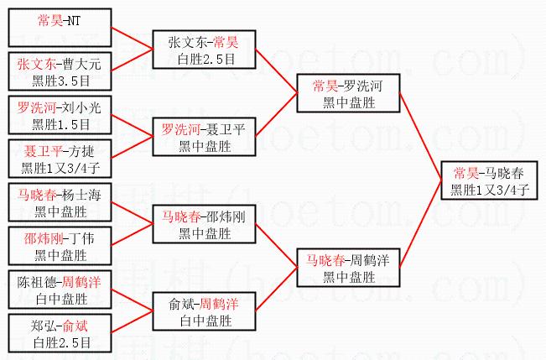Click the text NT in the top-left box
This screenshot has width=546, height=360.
click(74, 21)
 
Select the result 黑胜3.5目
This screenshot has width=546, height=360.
click(60, 81)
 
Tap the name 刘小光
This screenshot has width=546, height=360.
click(82, 108)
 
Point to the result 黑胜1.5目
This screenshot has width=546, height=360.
click(60, 125)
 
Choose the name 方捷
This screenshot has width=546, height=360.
click(81, 152)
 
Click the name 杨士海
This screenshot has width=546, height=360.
click(82, 196)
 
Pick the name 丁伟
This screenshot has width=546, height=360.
click(81, 238)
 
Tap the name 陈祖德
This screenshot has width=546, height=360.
click(36, 282)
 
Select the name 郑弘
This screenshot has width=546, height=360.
click(43, 326)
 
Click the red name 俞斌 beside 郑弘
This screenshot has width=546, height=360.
click(75, 326)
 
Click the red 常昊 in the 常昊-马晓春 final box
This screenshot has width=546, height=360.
click(466, 173)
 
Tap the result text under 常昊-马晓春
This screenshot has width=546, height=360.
click(490, 190)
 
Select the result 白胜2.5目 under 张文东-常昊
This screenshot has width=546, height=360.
click(206, 60)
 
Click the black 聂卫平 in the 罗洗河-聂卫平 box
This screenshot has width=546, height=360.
click(226, 129)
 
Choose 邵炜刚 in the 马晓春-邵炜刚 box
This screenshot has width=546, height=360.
click(226, 217)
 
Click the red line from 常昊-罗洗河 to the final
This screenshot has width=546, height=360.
click(420, 136)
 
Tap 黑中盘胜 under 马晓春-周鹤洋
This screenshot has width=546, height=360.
click(349, 278)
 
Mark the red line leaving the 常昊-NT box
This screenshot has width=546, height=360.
click(132, 38)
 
